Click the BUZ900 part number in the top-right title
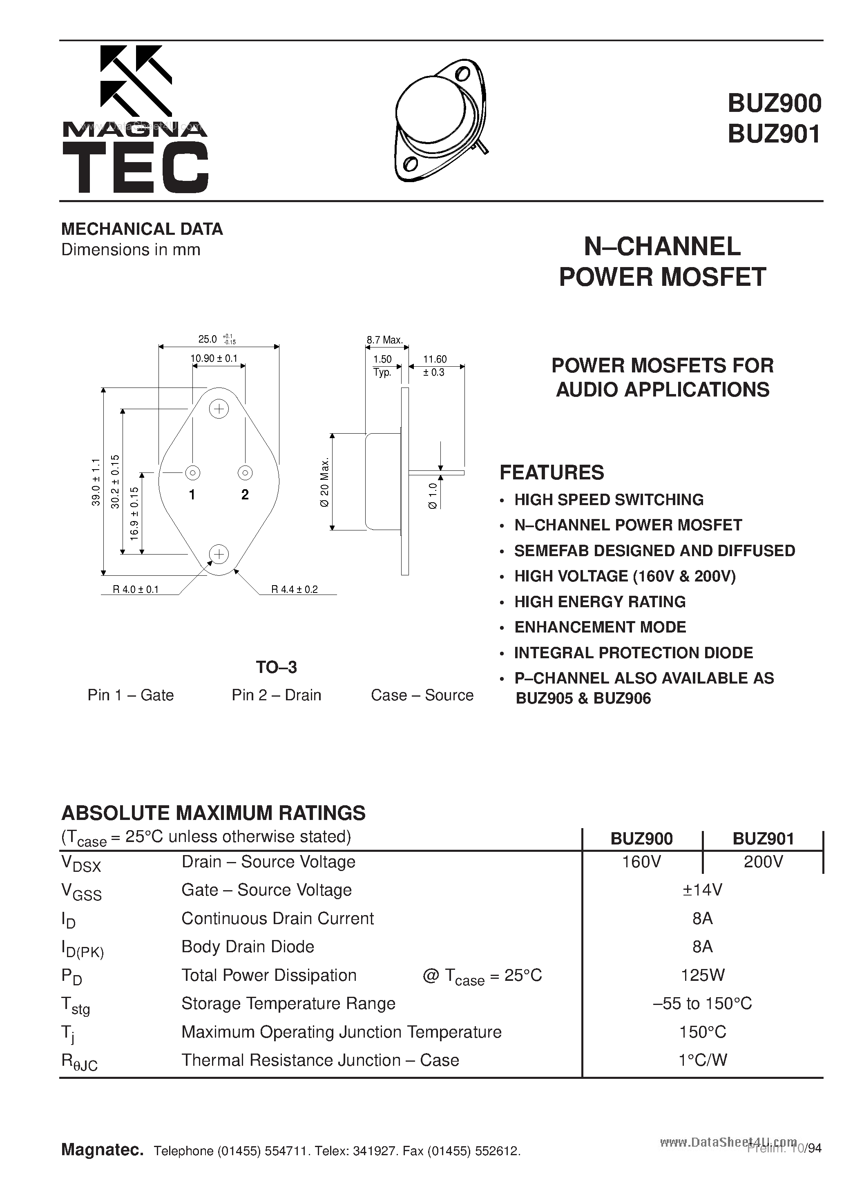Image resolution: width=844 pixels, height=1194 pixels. [x=774, y=103]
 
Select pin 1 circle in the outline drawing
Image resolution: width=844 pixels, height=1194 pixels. [x=192, y=473]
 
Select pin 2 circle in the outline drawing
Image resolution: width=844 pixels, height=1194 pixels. [x=245, y=473]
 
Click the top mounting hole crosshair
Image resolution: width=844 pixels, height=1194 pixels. [x=219, y=409]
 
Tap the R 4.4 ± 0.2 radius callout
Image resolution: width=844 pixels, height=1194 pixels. [x=294, y=589]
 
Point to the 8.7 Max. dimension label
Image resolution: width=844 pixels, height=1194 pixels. [x=384, y=340]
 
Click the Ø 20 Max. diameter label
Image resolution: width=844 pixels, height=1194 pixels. [x=325, y=483]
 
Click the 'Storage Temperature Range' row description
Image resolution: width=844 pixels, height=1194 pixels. [x=288, y=1003]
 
